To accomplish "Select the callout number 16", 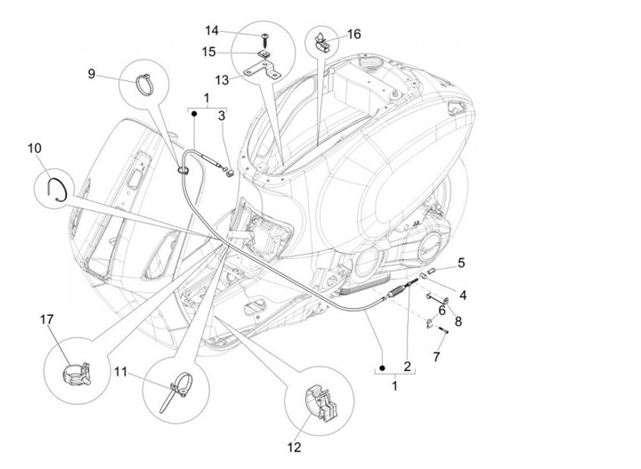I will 354,34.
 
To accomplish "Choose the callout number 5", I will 461,263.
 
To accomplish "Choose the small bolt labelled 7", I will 442,334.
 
